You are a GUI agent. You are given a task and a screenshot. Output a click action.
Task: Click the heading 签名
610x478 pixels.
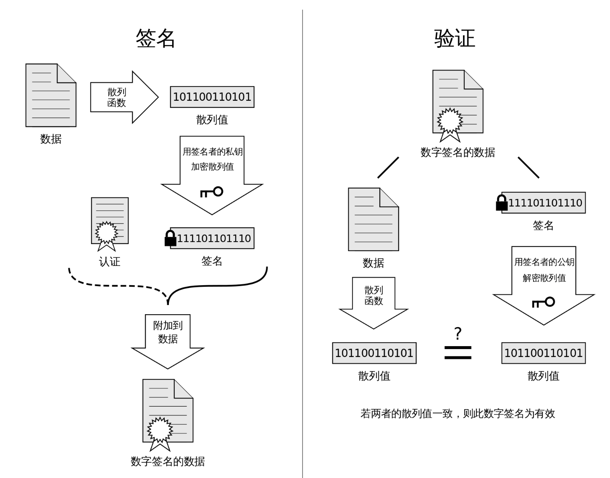point(155,39)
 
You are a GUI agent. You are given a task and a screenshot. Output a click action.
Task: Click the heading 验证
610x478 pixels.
point(455,39)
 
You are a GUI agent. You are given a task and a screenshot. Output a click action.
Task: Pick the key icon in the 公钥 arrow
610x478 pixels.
point(543,302)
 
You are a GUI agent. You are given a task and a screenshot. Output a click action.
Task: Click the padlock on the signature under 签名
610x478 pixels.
point(170,238)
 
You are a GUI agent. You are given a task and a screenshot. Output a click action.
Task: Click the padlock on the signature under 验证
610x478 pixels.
point(502,202)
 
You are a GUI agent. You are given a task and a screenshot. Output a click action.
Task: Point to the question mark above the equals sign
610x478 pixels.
point(458,334)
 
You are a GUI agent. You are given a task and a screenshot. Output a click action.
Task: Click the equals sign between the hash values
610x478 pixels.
point(458,352)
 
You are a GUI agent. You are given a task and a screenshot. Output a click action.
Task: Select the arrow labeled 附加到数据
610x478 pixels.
point(168,336)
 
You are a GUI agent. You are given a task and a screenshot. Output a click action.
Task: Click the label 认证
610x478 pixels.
point(110,262)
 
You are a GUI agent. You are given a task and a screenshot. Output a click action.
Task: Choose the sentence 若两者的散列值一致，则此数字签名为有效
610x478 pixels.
point(457,414)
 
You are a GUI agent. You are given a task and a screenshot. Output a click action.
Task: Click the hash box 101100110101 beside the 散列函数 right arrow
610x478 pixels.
point(212,97)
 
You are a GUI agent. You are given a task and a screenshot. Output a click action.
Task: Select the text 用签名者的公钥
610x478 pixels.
point(544,262)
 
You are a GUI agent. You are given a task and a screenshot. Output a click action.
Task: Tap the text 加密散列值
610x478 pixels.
point(212,167)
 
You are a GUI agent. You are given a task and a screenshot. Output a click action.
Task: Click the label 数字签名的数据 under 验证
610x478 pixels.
point(457,152)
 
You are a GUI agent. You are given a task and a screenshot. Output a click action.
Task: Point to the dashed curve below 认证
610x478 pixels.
point(118,286)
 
